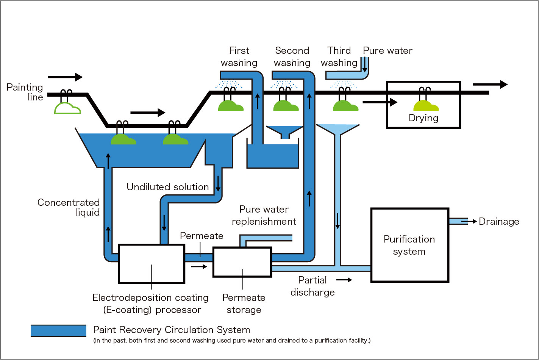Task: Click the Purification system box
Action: click(409, 245)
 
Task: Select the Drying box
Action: click(423, 105)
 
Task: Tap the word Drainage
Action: click(499, 222)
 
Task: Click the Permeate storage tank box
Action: click(242, 262)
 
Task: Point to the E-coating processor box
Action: click(152, 264)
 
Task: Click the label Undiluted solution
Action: click(167, 187)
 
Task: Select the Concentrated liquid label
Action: click(69, 207)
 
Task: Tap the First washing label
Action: click(239, 56)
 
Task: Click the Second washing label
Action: click(292, 56)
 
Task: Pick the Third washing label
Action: click(339, 56)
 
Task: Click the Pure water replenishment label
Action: click(264, 215)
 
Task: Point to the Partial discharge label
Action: click(312, 286)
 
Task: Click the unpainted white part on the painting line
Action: click(67, 108)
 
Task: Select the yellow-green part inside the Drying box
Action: click(426, 105)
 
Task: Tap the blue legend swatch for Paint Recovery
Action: click(59, 331)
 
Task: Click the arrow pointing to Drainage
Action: click(469, 221)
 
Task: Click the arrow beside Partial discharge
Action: click(344, 280)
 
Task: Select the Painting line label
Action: click(25, 92)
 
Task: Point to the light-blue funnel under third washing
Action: click(337, 129)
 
